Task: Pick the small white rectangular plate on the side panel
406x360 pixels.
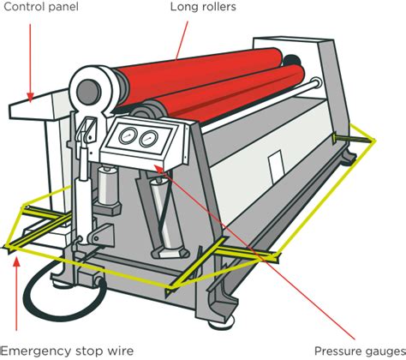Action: [276, 164]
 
